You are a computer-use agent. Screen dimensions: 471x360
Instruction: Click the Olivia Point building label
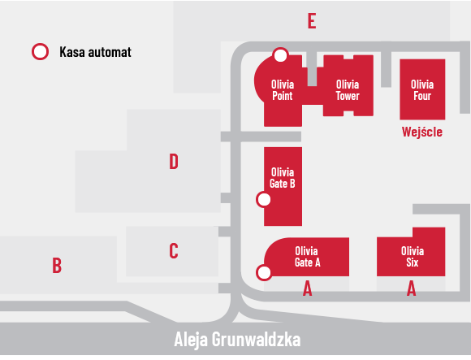click(283, 90)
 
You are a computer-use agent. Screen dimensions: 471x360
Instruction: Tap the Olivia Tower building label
click(348, 90)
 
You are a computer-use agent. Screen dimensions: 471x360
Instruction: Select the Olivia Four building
click(422, 89)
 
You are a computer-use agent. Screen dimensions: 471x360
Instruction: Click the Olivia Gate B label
click(283, 178)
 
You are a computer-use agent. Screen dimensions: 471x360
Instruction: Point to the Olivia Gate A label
click(307, 256)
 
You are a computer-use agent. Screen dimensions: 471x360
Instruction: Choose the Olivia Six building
click(411, 252)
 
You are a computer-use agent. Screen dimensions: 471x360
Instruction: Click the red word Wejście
click(422, 132)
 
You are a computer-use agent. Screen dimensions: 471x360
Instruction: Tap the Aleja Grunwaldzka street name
click(237, 340)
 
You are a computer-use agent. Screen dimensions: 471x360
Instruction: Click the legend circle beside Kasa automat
click(41, 52)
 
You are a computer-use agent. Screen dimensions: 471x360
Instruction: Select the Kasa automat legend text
click(95, 52)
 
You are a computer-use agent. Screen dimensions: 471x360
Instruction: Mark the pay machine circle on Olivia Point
click(280, 55)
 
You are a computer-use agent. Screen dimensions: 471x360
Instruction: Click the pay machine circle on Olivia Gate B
click(264, 200)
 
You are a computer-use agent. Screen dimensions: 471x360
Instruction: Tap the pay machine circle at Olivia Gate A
click(264, 273)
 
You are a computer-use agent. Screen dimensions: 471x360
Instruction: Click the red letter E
click(312, 21)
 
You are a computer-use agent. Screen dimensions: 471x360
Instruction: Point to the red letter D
click(174, 162)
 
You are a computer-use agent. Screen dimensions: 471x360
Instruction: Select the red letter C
click(174, 250)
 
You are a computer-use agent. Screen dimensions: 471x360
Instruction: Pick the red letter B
click(57, 266)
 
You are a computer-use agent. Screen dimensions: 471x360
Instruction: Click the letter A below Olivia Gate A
click(307, 288)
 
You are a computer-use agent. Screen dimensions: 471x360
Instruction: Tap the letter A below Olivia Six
click(411, 288)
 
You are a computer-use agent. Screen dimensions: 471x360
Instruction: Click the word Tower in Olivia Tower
click(348, 96)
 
